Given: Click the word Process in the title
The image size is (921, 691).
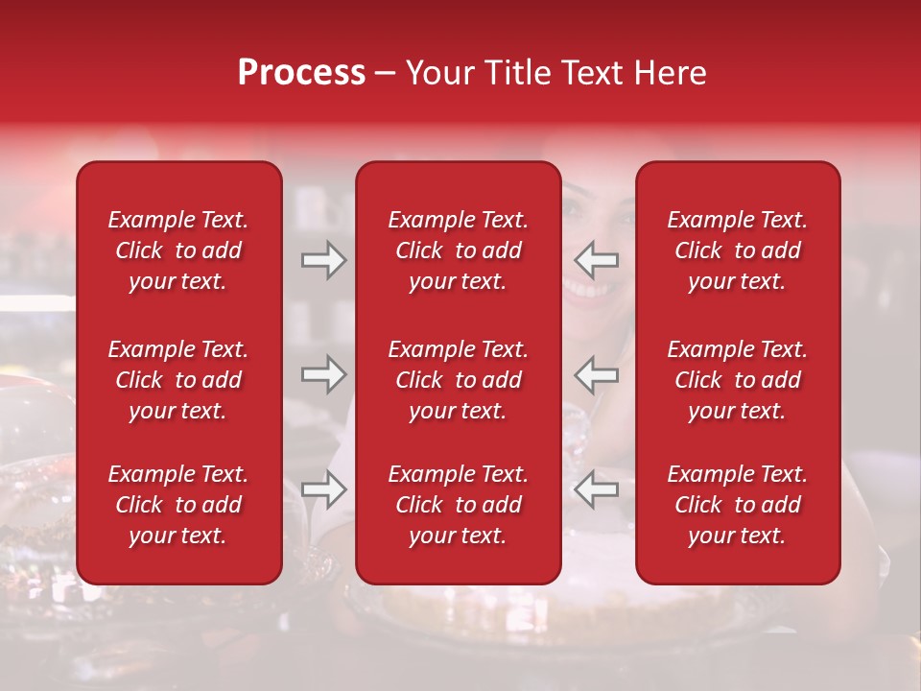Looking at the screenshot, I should point(301,73).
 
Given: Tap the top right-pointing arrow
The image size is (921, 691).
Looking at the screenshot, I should point(324,259).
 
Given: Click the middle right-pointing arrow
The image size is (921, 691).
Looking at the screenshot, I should point(324,374).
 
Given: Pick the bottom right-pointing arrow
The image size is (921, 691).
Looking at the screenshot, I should point(324,489).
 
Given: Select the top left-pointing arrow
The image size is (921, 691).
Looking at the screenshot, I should point(596,259).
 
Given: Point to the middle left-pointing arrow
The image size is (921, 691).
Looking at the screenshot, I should point(596,374).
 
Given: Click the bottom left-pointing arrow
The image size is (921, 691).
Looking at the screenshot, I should point(596,489).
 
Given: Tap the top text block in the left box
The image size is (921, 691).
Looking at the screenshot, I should point(178,250).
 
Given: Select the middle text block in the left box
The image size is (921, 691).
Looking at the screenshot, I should point(178,380).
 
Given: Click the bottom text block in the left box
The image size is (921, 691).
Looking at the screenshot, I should point(178,505).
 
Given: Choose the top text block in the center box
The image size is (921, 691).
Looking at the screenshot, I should point(458,250).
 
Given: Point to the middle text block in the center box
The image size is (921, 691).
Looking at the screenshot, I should point(458,380).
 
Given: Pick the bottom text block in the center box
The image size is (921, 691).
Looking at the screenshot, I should point(458,505).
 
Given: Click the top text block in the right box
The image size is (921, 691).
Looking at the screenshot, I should point(737,250).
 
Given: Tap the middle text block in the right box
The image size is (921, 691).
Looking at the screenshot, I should point(737,380).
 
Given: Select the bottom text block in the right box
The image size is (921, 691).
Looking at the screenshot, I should point(737,505).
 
